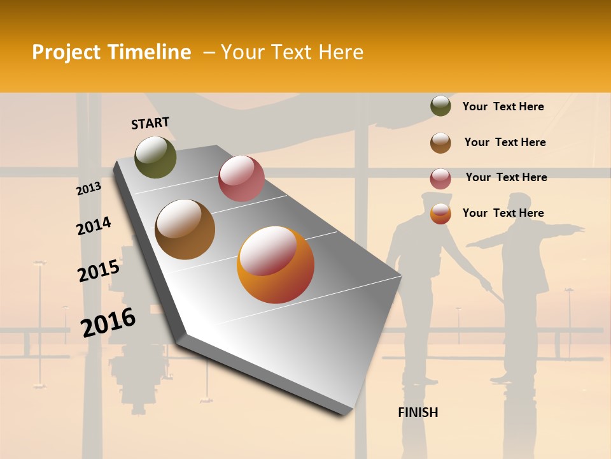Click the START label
point(150,122)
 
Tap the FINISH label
point(418,412)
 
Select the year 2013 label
point(88,189)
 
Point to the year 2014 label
point(94,226)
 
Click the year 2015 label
point(98,271)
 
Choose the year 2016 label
point(108,322)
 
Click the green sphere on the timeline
point(155,157)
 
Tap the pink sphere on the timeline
point(241,178)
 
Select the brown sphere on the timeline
point(185,229)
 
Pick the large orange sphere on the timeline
point(276,265)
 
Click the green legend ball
point(440,106)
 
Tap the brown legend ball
point(440,143)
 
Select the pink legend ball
point(440,178)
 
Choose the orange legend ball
point(440,214)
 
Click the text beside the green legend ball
point(503,106)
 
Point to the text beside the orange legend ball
point(503,213)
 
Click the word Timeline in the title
point(153,52)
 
